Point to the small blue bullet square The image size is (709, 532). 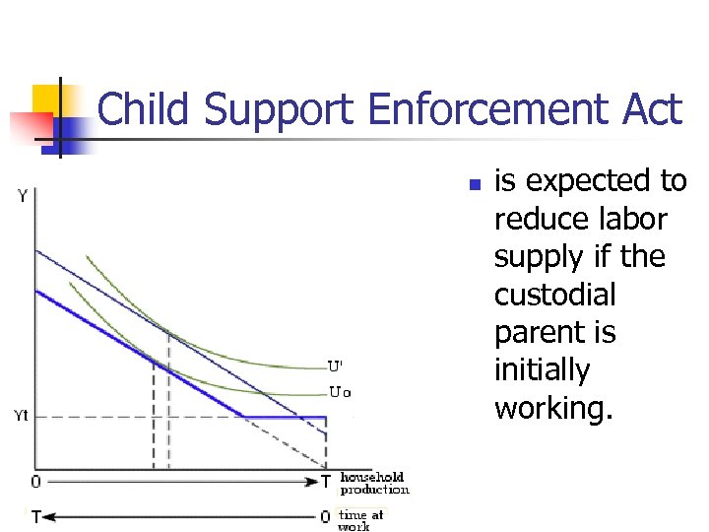(474, 184)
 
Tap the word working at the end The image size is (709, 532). (553, 408)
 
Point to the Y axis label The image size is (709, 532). (22, 197)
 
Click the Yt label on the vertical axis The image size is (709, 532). (22, 416)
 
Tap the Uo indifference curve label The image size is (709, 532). (339, 391)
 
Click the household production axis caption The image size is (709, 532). (374, 484)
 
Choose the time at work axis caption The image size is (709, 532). (361, 519)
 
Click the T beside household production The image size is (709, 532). (326, 483)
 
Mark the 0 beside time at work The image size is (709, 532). (326, 516)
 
